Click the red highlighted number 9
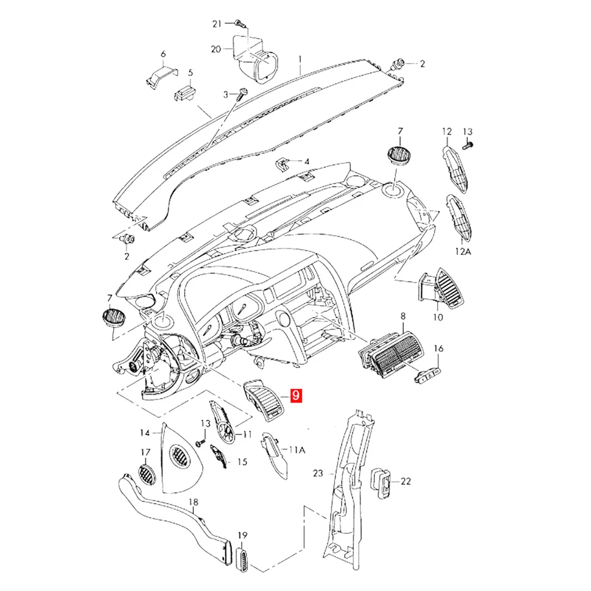tap(296, 396)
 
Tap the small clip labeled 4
tap(282, 164)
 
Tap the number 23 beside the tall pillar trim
tap(318, 473)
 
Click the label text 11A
tap(297, 450)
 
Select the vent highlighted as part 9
tap(265, 400)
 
